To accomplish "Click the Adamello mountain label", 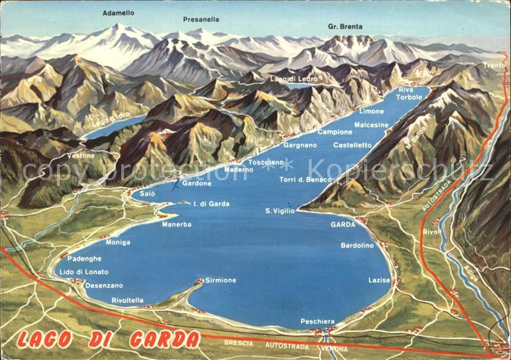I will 118,13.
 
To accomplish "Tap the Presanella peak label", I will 200,19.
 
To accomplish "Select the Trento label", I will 494,65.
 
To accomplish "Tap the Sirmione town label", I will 220,280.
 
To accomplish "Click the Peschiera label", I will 318,321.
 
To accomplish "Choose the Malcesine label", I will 371,125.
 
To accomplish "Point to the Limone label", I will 371,111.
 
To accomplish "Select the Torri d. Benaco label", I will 305,180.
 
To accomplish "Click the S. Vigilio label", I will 280,210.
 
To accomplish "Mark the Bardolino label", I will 357,245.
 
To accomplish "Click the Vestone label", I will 81,156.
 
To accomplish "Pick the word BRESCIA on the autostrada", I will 239,342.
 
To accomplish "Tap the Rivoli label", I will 432,232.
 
